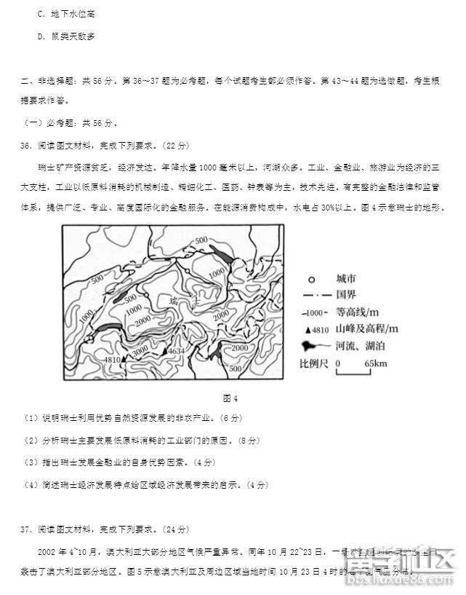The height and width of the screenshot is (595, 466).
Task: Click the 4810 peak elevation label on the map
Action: pyautogui.click(x=113, y=360)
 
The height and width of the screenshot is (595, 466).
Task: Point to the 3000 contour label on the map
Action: pyautogui.click(x=140, y=352)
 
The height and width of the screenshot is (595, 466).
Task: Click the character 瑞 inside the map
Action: pyautogui.click(x=173, y=300)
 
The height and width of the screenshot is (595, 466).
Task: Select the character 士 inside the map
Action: pyautogui.click(x=196, y=300)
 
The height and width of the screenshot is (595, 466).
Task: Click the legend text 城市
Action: pyautogui.click(x=346, y=279)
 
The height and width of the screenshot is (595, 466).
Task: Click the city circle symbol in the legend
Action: pyautogui.click(x=310, y=280)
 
